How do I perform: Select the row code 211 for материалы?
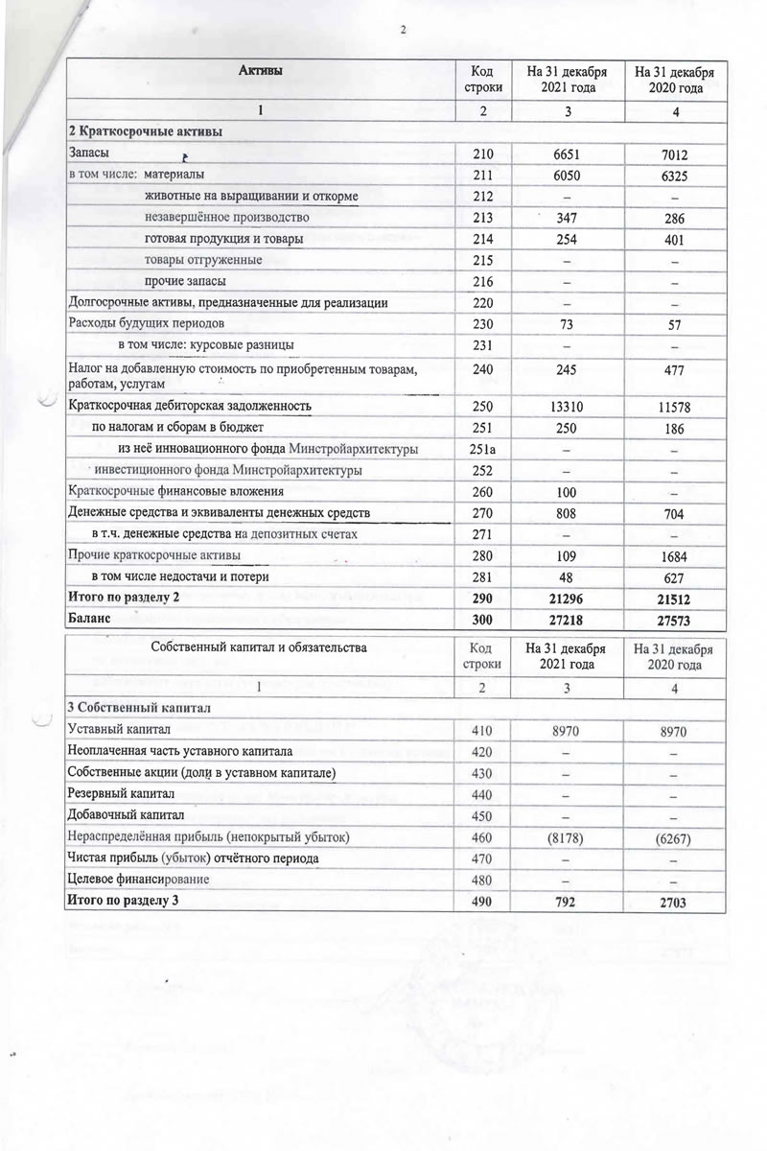[x=482, y=175]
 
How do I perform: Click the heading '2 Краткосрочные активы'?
[x=145, y=131]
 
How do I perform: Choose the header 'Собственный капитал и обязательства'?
[x=259, y=647]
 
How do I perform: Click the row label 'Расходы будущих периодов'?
[x=147, y=322]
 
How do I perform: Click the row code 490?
[x=482, y=902]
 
